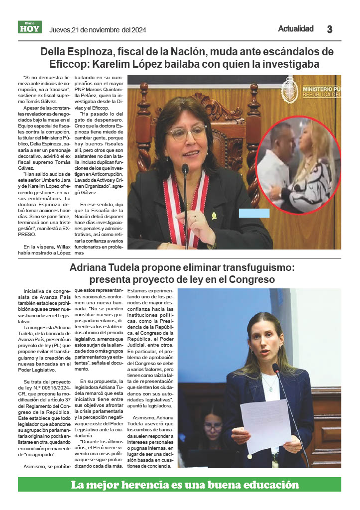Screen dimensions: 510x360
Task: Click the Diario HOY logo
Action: pyautogui.click(x=30, y=27)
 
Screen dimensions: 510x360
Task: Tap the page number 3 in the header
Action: pyautogui.click(x=329, y=29)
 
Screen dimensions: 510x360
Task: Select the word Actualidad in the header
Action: pyautogui.click(x=296, y=29)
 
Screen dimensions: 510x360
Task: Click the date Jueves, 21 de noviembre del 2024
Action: pyautogui.click(x=98, y=30)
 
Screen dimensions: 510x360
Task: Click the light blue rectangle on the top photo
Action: pyautogui.click(x=254, y=213)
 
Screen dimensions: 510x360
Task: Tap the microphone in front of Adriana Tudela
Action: pyautogui.click(x=276, y=368)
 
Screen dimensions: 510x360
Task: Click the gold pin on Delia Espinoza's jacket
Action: pyautogui.click(x=214, y=216)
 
